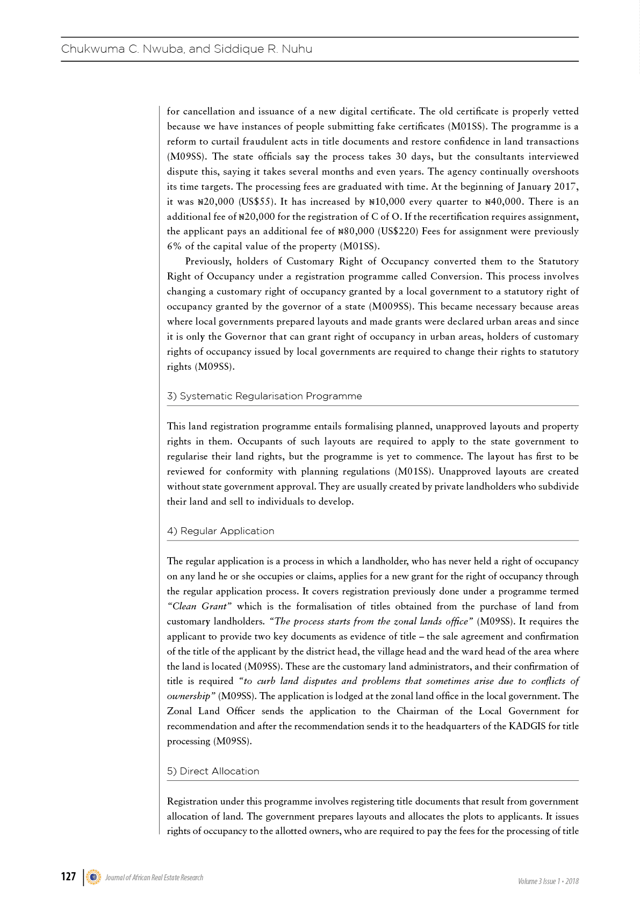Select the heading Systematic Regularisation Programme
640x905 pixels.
[270, 396]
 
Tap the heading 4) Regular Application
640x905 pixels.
[220, 531]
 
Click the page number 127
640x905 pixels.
[68, 877]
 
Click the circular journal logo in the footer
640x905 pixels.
[94, 877]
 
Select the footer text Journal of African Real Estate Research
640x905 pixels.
[154, 878]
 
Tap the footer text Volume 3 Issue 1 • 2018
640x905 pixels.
[548, 881]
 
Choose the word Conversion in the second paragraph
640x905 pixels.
[455, 276]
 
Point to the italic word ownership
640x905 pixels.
[189, 696]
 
